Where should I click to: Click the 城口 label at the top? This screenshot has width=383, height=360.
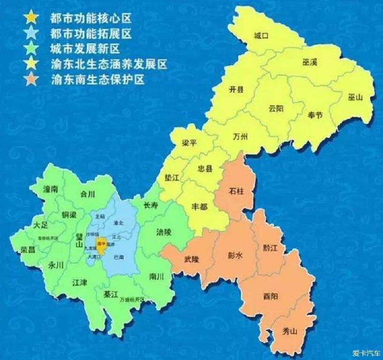[260, 36]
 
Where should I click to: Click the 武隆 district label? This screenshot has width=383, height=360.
[192, 259]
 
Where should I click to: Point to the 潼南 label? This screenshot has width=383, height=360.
[50, 189]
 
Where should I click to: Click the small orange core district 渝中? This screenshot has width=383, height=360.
[100, 243]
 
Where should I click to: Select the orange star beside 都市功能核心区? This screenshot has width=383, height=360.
[31, 18]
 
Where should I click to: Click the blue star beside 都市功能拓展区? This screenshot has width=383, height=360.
[31, 33]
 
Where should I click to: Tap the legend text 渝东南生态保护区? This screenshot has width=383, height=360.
[98, 79]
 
